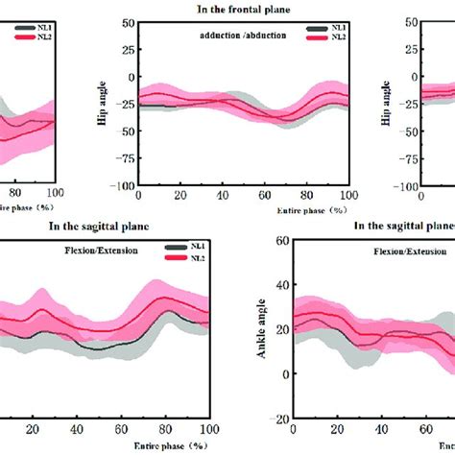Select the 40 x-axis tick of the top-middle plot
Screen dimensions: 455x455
(223, 196)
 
